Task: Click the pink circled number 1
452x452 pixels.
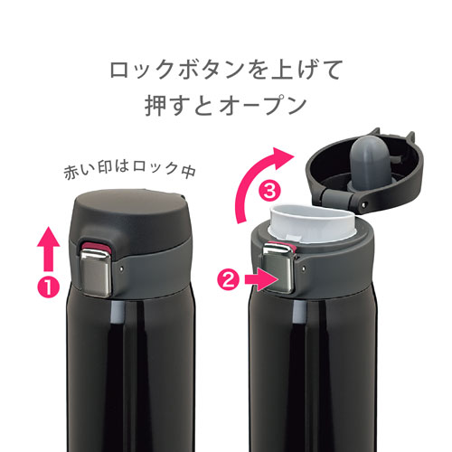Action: (48, 287)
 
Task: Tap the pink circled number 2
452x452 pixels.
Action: (229, 280)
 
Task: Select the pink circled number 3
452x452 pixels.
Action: (269, 191)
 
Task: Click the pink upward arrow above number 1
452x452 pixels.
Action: (48, 249)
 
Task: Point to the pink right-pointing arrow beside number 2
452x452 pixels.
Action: (261, 279)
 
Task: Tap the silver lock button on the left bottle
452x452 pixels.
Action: (96, 272)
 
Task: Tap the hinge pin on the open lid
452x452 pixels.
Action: (363, 204)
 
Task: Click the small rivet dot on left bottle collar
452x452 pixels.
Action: (121, 268)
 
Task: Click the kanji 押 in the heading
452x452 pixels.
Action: (155, 106)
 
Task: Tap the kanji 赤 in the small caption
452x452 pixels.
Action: (71, 173)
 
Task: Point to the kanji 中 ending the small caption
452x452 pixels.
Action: (188, 171)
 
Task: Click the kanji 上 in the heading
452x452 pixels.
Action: (281, 70)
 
